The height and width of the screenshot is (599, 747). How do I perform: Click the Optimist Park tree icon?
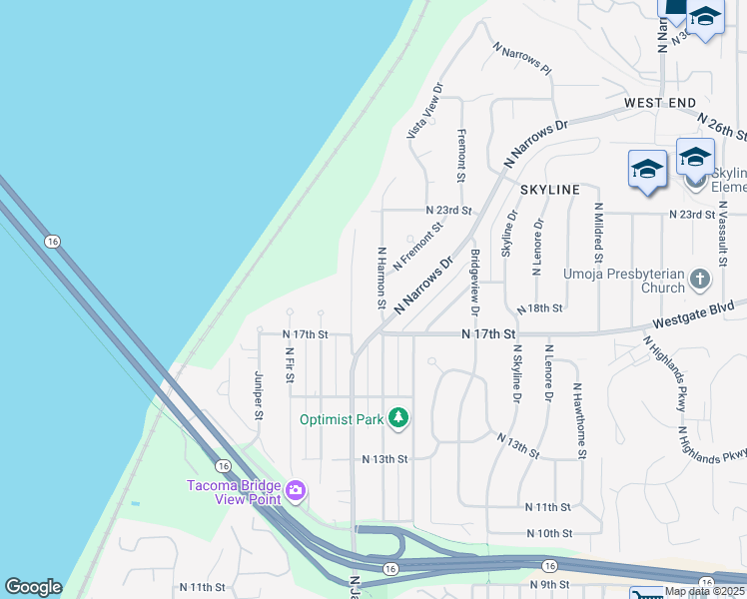point(398,418)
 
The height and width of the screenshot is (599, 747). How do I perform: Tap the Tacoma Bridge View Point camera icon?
point(296,490)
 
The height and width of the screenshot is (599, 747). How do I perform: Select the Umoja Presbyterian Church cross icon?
point(700,279)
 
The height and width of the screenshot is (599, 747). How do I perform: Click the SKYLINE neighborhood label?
point(549,190)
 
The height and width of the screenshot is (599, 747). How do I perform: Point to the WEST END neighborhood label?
point(659,103)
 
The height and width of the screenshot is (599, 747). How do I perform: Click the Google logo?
point(33,587)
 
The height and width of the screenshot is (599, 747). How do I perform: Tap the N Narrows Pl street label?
point(521,59)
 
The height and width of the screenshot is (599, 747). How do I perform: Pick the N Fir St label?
point(289,365)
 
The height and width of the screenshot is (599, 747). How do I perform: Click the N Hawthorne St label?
point(578,418)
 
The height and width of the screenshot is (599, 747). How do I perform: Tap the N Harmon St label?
point(380,278)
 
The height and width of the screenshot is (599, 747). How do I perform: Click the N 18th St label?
point(540,308)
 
